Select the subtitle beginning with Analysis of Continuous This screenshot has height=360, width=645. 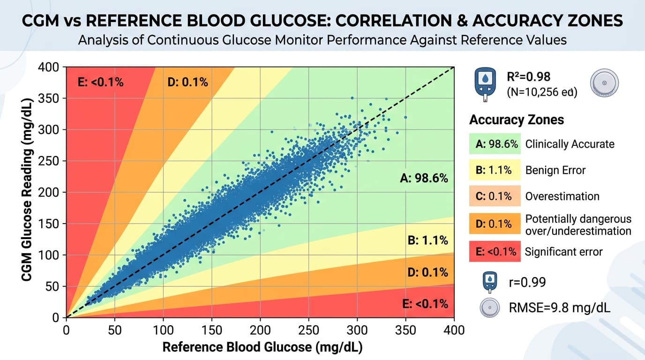[x=322, y=40]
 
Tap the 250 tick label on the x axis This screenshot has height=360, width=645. [x=309, y=330]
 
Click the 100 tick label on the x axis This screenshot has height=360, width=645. [x=163, y=330]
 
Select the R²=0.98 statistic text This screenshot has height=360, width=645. [x=528, y=76]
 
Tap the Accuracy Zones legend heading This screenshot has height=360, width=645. [x=516, y=120]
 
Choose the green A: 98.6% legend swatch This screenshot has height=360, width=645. [x=495, y=144]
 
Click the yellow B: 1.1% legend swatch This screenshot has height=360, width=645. [x=495, y=170]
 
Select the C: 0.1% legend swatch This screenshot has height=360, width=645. [x=495, y=196]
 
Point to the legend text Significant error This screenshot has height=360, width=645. [x=563, y=252]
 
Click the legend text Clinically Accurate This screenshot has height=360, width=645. [x=570, y=144]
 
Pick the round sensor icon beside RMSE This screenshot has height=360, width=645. [x=489, y=308]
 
